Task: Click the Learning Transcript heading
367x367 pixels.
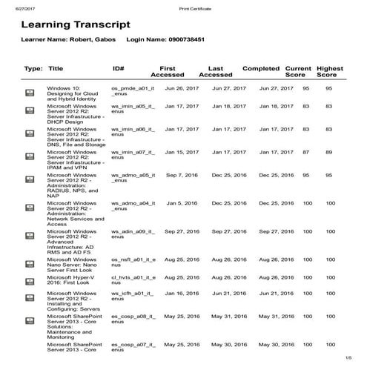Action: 76,24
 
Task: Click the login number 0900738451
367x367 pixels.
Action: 196,39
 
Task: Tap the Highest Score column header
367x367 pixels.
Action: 330,71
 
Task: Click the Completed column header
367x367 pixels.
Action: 261,68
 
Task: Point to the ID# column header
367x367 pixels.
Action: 118,68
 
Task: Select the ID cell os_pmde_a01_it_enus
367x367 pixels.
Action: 133,91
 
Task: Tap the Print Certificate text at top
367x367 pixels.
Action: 195,7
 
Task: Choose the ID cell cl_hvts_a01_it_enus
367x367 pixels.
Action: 133,280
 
